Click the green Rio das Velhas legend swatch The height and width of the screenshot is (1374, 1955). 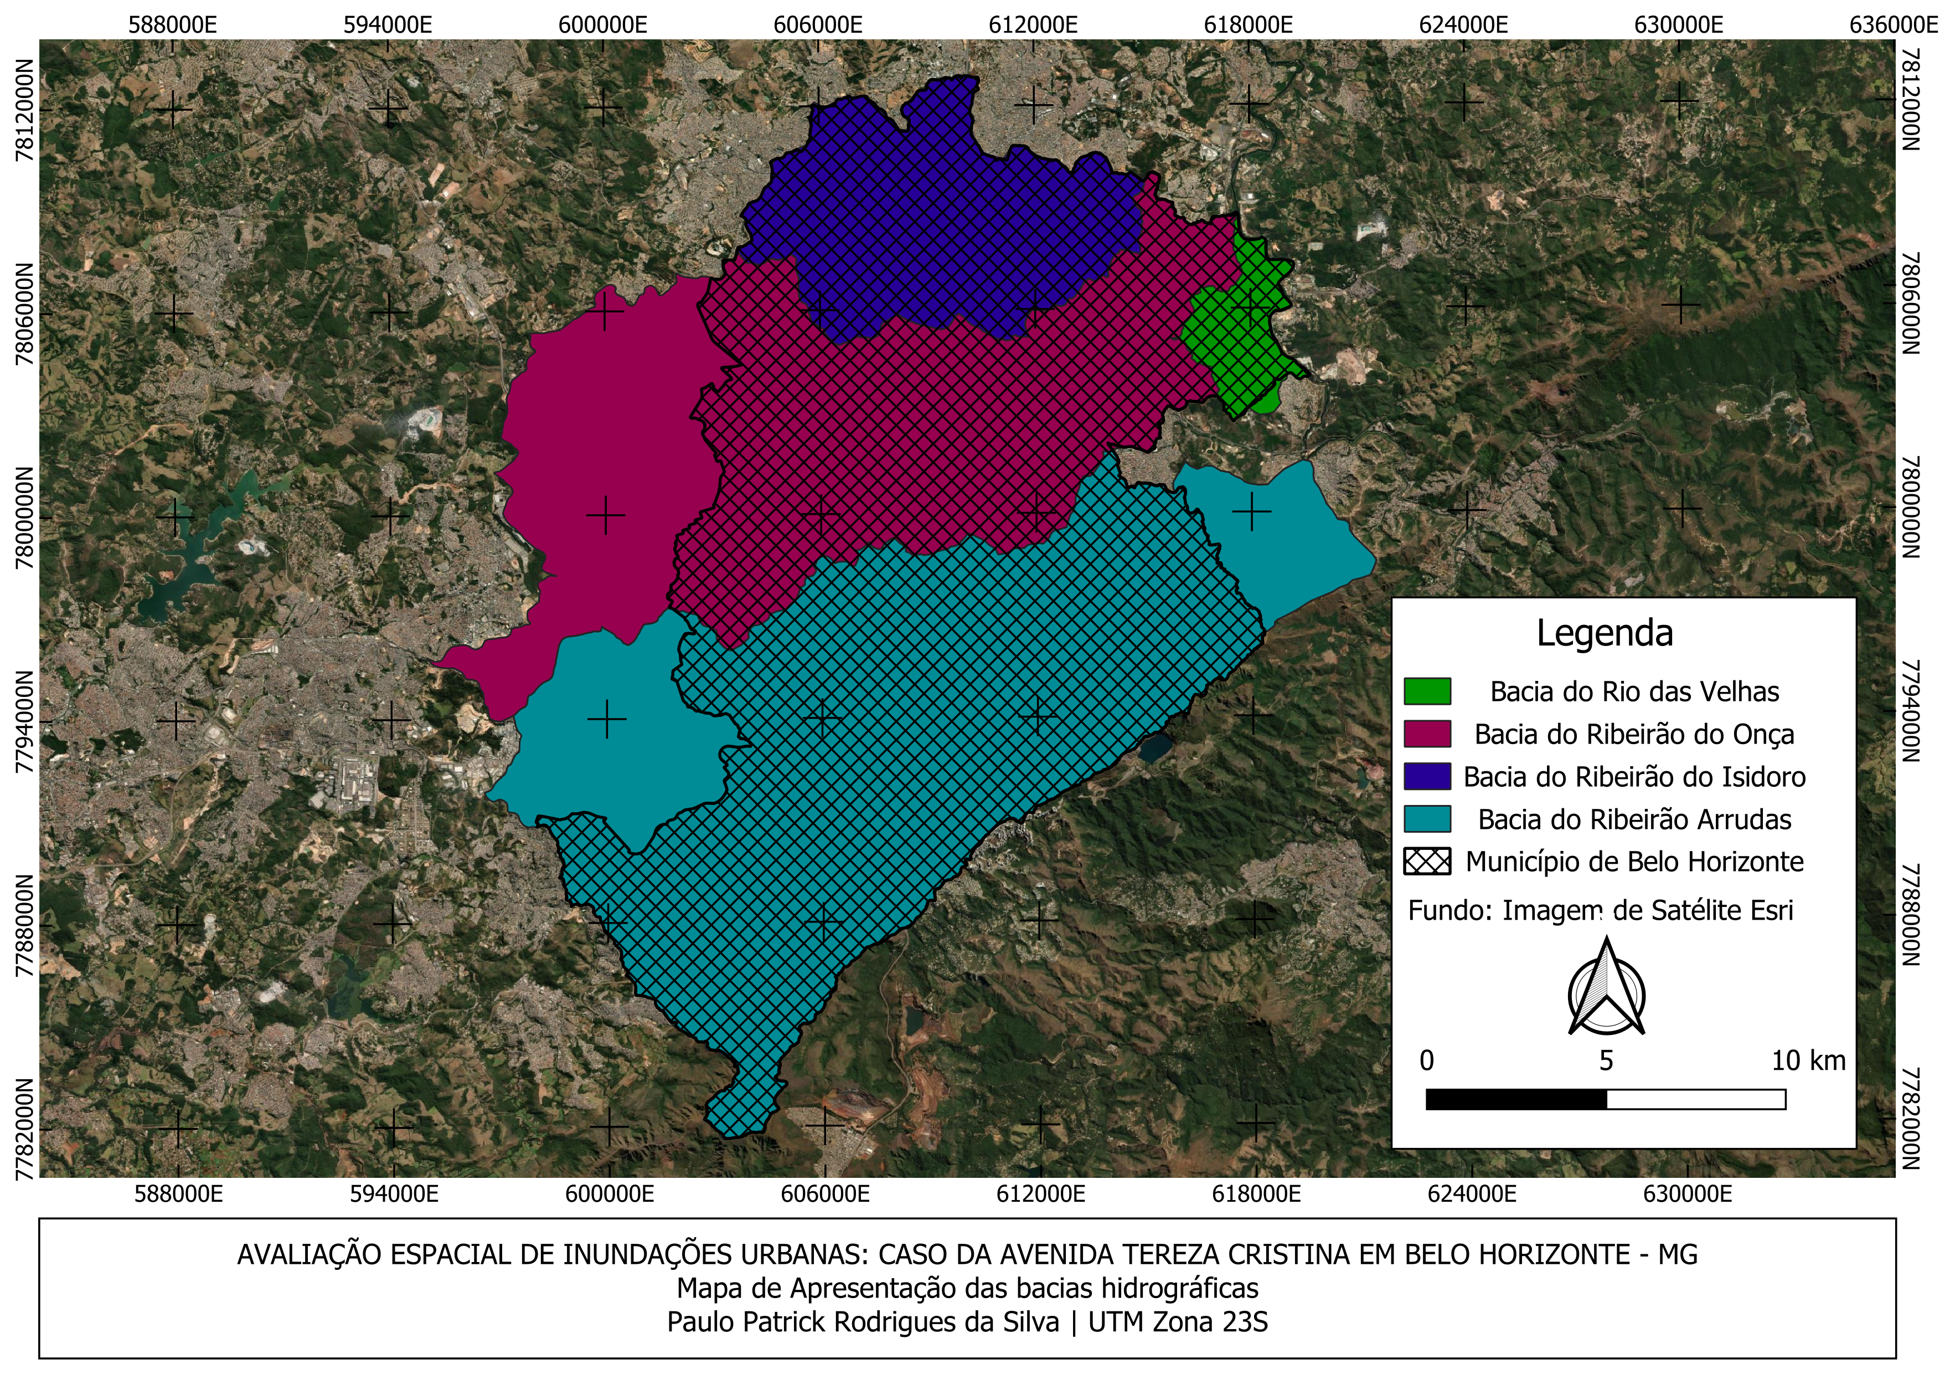pyautogui.click(x=1427, y=691)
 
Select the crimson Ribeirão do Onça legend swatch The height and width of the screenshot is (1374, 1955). pyautogui.click(x=1427, y=734)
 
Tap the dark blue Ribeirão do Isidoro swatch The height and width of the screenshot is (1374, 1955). pyautogui.click(x=1427, y=776)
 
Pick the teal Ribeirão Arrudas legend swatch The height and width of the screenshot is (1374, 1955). pyautogui.click(x=1427, y=819)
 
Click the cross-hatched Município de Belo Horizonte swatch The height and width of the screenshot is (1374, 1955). pyautogui.click(x=1427, y=861)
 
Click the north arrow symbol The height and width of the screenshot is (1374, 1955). pyautogui.click(x=1606, y=988)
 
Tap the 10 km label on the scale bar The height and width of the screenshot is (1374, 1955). pyautogui.click(x=1808, y=1060)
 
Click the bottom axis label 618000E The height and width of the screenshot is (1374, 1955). pyautogui.click(x=1256, y=1194)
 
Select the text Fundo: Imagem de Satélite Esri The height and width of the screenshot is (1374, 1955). pyautogui.click(x=1600, y=911)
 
